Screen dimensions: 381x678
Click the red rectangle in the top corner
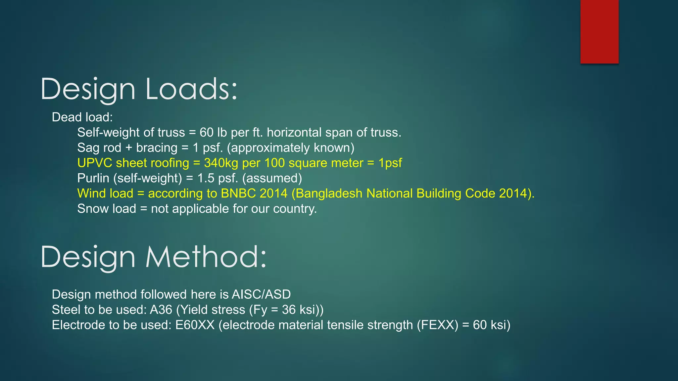click(599, 31)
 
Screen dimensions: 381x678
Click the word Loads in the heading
click(191, 89)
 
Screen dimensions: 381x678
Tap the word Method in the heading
click(206, 257)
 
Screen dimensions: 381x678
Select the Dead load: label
click(82, 117)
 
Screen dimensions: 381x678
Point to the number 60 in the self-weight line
click(206, 133)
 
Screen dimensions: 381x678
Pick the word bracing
click(157, 148)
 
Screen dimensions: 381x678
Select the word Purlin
click(93, 178)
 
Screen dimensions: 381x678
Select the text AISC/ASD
click(261, 294)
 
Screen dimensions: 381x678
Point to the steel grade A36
click(161, 310)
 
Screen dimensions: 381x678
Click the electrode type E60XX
click(195, 325)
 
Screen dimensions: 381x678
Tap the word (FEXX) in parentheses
click(437, 325)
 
